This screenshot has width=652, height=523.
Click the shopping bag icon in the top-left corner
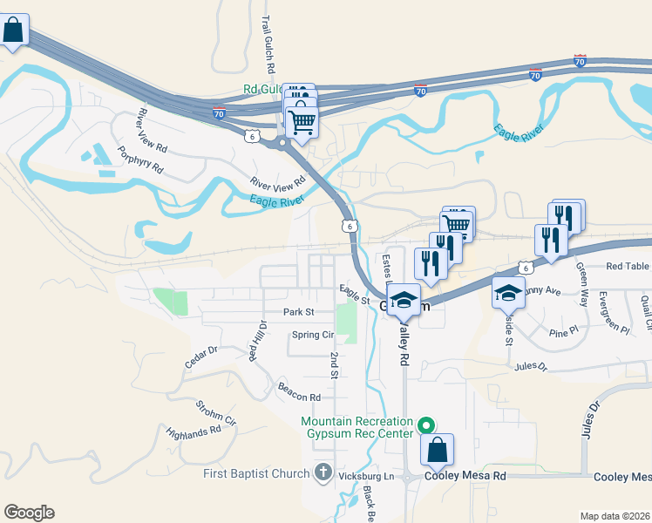click(x=14, y=31)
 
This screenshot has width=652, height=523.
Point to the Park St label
click(x=297, y=311)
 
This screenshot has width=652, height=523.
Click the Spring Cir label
click(x=313, y=335)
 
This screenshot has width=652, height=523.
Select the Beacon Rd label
click(x=299, y=391)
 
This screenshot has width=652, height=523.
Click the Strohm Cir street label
click(x=215, y=412)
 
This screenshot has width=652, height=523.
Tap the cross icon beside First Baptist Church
click(x=323, y=473)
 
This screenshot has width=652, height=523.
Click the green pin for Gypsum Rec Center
click(x=426, y=426)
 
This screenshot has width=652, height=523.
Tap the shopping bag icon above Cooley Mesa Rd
click(x=438, y=451)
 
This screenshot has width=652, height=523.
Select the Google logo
click(x=29, y=513)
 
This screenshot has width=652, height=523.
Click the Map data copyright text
click(x=615, y=516)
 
